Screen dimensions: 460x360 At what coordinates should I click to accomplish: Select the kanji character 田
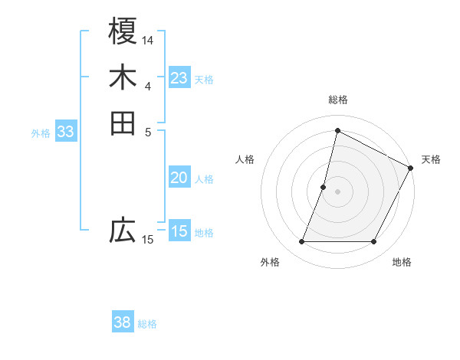[x=123, y=123]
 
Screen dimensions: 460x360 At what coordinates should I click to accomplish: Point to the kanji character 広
[x=123, y=230]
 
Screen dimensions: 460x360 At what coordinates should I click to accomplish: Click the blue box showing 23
[x=179, y=78]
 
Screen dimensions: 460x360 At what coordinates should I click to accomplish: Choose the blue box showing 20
[x=179, y=178]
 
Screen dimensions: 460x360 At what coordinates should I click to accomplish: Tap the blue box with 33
[x=66, y=132]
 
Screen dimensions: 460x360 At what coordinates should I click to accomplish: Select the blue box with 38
[x=123, y=322]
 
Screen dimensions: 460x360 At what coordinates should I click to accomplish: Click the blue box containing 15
[x=179, y=231]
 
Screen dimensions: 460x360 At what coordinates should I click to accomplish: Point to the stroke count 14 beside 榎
[x=148, y=39]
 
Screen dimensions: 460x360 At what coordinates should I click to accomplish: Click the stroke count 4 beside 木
[x=148, y=86]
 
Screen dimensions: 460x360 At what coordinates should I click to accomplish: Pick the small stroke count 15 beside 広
[x=148, y=240]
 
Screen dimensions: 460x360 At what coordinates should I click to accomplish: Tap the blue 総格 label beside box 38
[x=147, y=324]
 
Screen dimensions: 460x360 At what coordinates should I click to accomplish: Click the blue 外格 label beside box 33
[x=41, y=133]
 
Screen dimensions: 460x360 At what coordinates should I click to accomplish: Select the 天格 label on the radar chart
[x=431, y=159]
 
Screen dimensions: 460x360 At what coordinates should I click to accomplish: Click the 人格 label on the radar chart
[x=245, y=159]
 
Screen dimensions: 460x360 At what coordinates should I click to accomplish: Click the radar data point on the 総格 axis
[x=337, y=130]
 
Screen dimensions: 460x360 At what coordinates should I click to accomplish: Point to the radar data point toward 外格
[x=301, y=242]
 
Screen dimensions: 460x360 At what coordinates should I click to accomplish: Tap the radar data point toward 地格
[x=374, y=242]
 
